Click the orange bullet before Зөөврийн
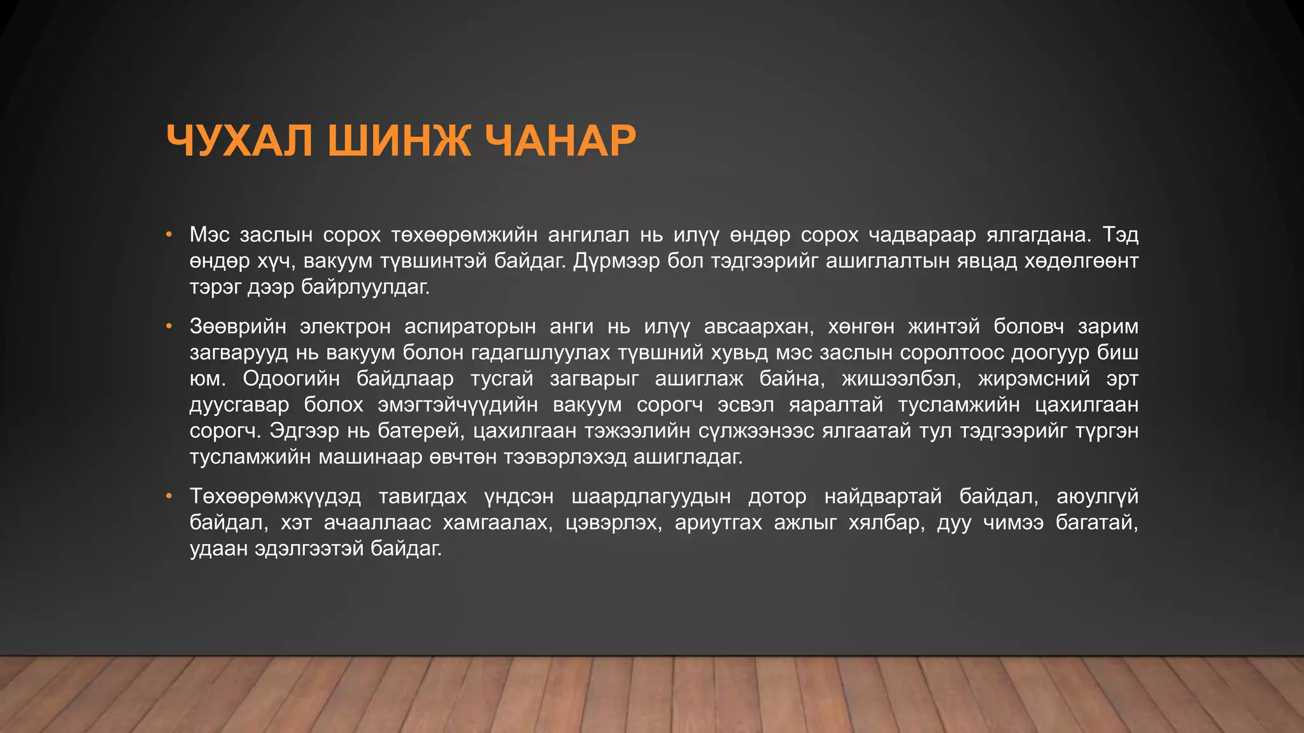169,326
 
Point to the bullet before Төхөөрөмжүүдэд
169,496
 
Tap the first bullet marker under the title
169,235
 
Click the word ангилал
588,235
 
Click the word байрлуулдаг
365,287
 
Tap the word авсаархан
758,326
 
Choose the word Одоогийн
291,379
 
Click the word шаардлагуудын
651,496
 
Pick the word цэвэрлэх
613,522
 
